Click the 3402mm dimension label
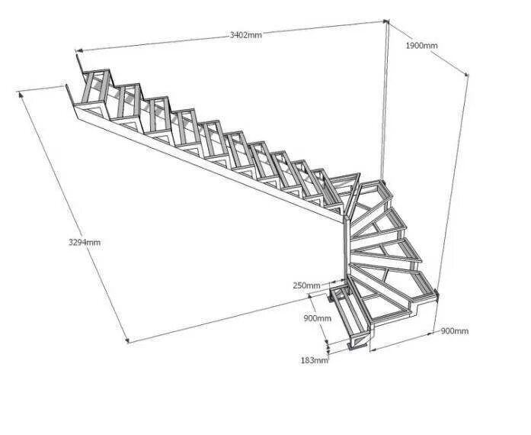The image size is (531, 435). (245, 35)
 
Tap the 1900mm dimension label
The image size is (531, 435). (421, 46)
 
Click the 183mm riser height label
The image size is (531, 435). (314, 359)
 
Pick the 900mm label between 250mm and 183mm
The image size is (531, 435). (318, 317)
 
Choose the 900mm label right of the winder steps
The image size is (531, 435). (455, 330)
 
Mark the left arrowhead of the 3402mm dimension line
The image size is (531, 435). (77, 52)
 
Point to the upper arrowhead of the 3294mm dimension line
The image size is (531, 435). (20, 92)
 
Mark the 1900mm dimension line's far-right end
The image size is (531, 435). (466, 75)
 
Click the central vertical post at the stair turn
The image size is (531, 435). (345, 252)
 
